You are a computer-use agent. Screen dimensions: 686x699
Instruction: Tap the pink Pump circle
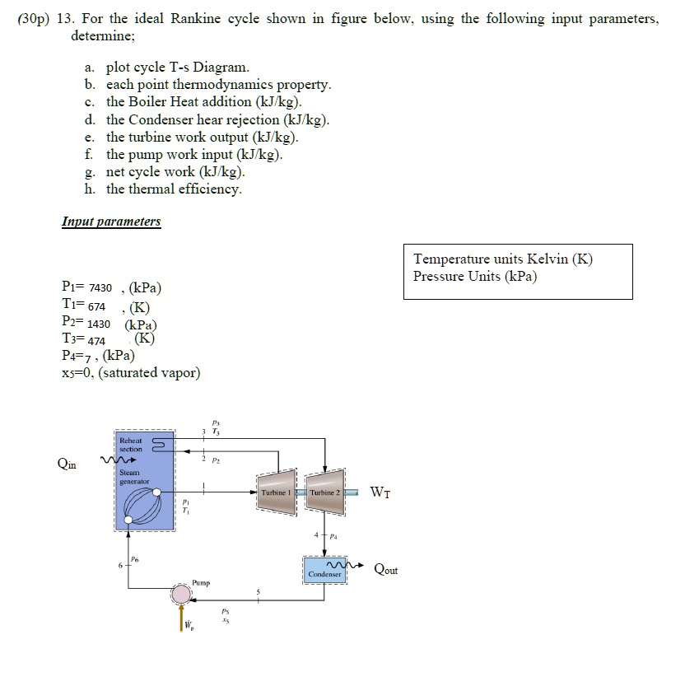click(x=181, y=594)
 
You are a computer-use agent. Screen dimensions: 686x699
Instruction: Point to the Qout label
click(x=386, y=569)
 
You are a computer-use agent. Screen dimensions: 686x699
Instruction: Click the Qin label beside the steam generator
click(x=69, y=463)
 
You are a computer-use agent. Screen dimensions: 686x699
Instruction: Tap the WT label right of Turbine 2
click(x=381, y=492)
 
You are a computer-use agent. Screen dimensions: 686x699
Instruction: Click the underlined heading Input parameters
click(x=111, y=222)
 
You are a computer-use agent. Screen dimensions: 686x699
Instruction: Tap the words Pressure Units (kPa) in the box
click(x=475, y=276)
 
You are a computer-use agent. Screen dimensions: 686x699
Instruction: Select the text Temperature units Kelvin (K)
click(x=502, y=259)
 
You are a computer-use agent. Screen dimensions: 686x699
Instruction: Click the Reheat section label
click(x=131, y=445)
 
